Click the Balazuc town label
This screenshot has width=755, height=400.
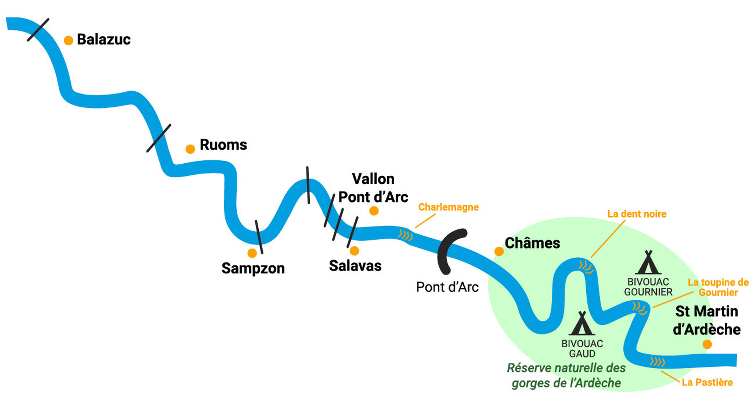click(x=103, y=39)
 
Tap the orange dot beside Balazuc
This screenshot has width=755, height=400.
click(x=68, y=41)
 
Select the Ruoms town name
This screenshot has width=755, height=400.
click(x=223, y=145)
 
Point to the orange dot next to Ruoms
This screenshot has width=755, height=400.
click(x=190, y=149)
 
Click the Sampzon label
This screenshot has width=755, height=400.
click(x=253, y=268)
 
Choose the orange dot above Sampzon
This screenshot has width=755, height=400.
click(x=252, y=253)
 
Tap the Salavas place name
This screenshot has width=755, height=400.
click(x=355, y=266)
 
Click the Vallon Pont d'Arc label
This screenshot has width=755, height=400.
click(x=373, y=188)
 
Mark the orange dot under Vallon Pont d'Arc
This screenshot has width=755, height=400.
click(x=374, y=211)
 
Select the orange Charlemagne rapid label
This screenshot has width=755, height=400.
click(x=448, y=207)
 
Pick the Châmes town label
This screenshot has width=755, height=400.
click(x=532, y=243)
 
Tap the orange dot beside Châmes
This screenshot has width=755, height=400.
click(x=499, y=251)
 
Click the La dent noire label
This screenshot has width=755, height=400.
click(x=637, y=214)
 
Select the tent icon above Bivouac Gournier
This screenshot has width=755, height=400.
click(x=648, y=262)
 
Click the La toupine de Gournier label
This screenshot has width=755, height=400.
click(x=718, y=288)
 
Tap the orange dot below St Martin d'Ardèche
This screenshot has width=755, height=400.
click(x=707, y=345)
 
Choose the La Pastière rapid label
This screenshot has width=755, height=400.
click(x=707, y=382)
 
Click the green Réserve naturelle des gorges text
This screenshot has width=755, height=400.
click(x=566, y=375)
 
